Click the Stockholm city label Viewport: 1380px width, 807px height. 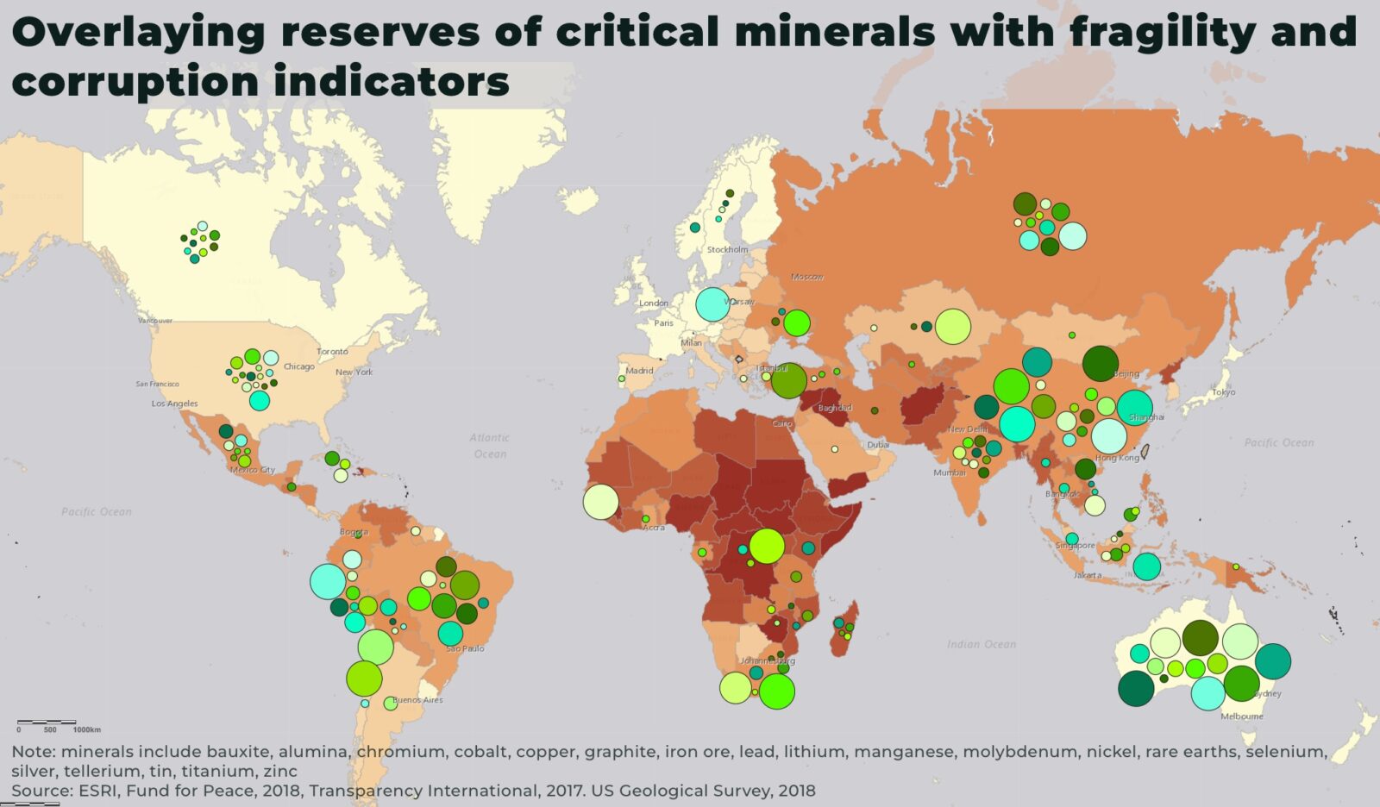[x=727, y=250]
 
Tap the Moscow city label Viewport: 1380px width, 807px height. [x=807, y=277]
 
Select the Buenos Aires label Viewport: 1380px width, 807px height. [x=417, y=700]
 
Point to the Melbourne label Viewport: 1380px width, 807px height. [x=1242, y=716]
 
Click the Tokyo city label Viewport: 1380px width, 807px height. [x=1223, y=392]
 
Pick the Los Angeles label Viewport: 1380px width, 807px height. [x=174, y=403]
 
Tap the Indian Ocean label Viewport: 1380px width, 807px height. [x=981, y=644]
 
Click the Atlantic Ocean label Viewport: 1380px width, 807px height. [x=489, y=446]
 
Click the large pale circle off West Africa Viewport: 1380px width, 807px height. [x=600, y=502]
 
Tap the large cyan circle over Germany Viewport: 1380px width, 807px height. [x=712, y=303]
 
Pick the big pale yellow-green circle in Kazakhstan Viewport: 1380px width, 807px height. [x=952, y=327]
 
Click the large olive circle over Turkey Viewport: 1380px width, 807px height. [x=788, y=380]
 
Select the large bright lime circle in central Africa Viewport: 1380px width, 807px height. [x=766, y=546]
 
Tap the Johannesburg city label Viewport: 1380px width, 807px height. [x=767, y=661]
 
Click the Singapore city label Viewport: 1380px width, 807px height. [x=1075, y=546]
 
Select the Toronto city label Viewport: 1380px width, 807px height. [x=332, y=352]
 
